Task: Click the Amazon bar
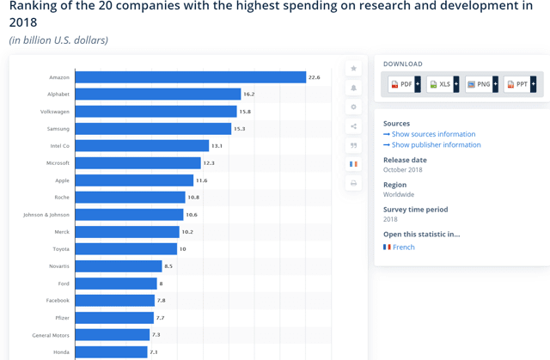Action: coord(190,77)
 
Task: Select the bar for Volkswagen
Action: coord(156,112)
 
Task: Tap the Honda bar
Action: coord(111,352)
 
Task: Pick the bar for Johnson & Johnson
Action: coord(129,215)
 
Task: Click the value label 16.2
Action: coord(249,95)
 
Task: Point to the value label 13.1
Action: coord(217,146)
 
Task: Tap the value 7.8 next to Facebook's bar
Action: coord(162,301)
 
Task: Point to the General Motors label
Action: coord(51,335)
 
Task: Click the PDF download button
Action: coord(401,84)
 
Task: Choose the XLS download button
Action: coord(440,84)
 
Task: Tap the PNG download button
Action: coord(479,84)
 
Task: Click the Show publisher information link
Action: coord(436,144)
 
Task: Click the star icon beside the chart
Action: coord(353,69)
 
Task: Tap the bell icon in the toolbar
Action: coord(353,88)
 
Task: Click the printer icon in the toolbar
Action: coord(353,183)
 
